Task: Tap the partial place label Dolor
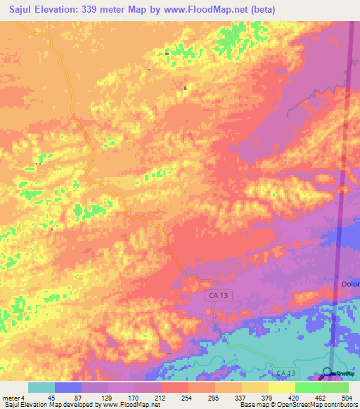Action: tap(350, 284)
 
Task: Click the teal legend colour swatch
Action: tap(41, 387)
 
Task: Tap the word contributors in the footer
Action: tap(341, 405)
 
